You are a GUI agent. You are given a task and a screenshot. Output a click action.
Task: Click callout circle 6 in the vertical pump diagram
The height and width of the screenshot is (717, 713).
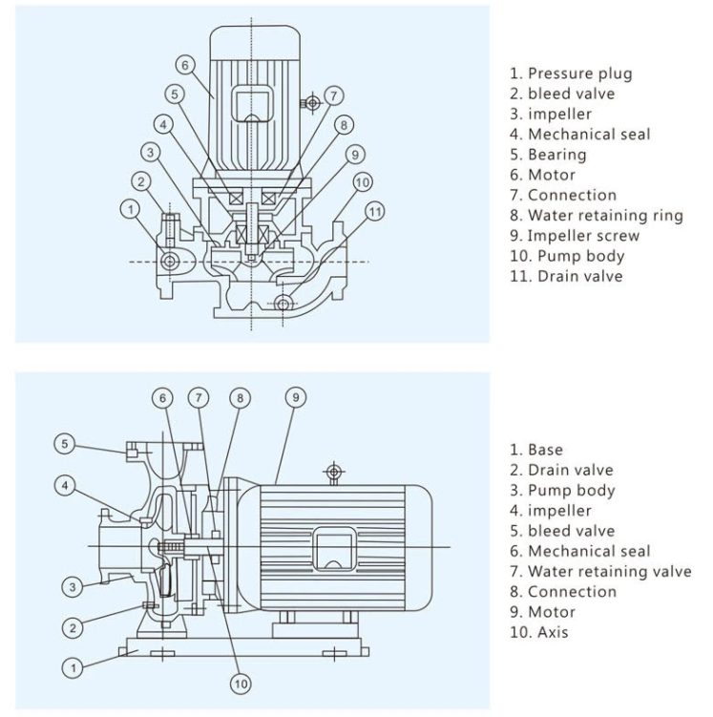[184, 65]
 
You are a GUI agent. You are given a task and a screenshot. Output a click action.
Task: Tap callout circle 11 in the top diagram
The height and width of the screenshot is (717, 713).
[375, 212]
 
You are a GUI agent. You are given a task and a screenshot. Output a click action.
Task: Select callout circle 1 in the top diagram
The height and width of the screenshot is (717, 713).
[131, 209]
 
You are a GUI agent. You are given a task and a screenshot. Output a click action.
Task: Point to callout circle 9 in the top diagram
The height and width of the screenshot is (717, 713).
[355, 155]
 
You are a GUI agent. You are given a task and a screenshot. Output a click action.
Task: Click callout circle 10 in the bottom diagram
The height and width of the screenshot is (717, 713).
[241, 685]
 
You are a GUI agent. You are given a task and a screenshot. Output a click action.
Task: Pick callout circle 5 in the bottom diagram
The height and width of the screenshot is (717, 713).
[65, 444]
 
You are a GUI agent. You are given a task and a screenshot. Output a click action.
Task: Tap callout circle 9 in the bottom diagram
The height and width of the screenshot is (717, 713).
[296, 397]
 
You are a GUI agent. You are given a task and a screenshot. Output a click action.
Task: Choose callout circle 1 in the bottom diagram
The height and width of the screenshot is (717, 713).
[73, 668]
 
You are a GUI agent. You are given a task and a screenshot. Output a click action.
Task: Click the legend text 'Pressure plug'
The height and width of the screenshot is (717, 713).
[580, 74]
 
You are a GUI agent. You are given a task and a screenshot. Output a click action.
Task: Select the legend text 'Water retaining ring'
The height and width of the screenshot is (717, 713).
[605, 216]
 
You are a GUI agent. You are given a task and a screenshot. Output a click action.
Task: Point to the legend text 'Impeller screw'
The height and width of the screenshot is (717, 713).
[583, 236]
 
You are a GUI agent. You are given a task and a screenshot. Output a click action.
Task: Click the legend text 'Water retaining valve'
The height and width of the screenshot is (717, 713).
[610, 572]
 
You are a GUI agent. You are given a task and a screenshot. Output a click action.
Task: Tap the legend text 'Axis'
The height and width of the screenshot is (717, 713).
[553, 632]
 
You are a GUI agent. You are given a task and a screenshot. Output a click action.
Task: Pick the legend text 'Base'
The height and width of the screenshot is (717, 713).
[545, 450]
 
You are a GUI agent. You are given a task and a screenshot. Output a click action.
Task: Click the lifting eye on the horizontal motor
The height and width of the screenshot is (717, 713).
[334, 473]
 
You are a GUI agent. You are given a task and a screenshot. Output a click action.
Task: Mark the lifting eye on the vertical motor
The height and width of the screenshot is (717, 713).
[311, 103]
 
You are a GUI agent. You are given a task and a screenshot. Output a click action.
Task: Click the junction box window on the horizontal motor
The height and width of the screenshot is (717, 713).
[335, 550]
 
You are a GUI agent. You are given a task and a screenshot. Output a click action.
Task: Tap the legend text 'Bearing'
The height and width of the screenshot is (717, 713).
[557, 155]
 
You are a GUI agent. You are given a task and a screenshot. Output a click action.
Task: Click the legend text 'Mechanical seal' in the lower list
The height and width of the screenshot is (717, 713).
[589, 552]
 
